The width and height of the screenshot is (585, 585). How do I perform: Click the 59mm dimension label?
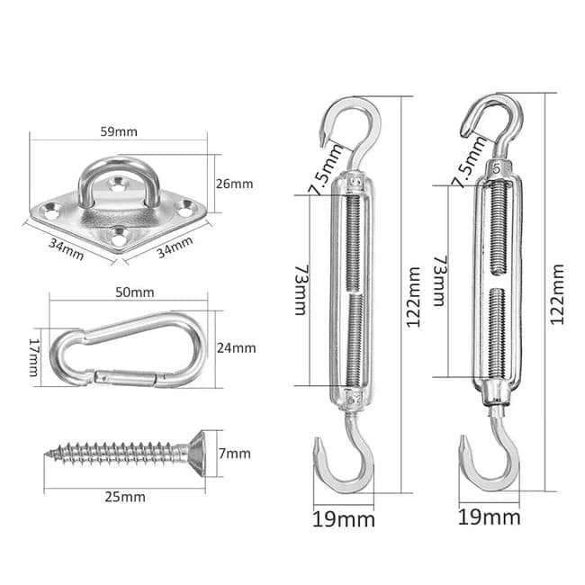click(x=119, y=131)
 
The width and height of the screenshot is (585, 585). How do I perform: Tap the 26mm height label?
click(x=234, y=184)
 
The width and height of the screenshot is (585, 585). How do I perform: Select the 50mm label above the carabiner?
click(x=134, y=292)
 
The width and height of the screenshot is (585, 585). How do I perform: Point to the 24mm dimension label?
click(x=236, y=348)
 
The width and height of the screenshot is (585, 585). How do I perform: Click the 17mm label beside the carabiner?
click(x=34, y=357)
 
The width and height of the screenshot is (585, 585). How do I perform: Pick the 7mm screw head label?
click(x=234, y=454)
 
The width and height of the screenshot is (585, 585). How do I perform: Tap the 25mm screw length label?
click(x=124, y=497)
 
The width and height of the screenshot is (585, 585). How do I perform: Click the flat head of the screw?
click(x=197, y=454)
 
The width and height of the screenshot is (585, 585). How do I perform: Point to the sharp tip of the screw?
click(x=46, y=454)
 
